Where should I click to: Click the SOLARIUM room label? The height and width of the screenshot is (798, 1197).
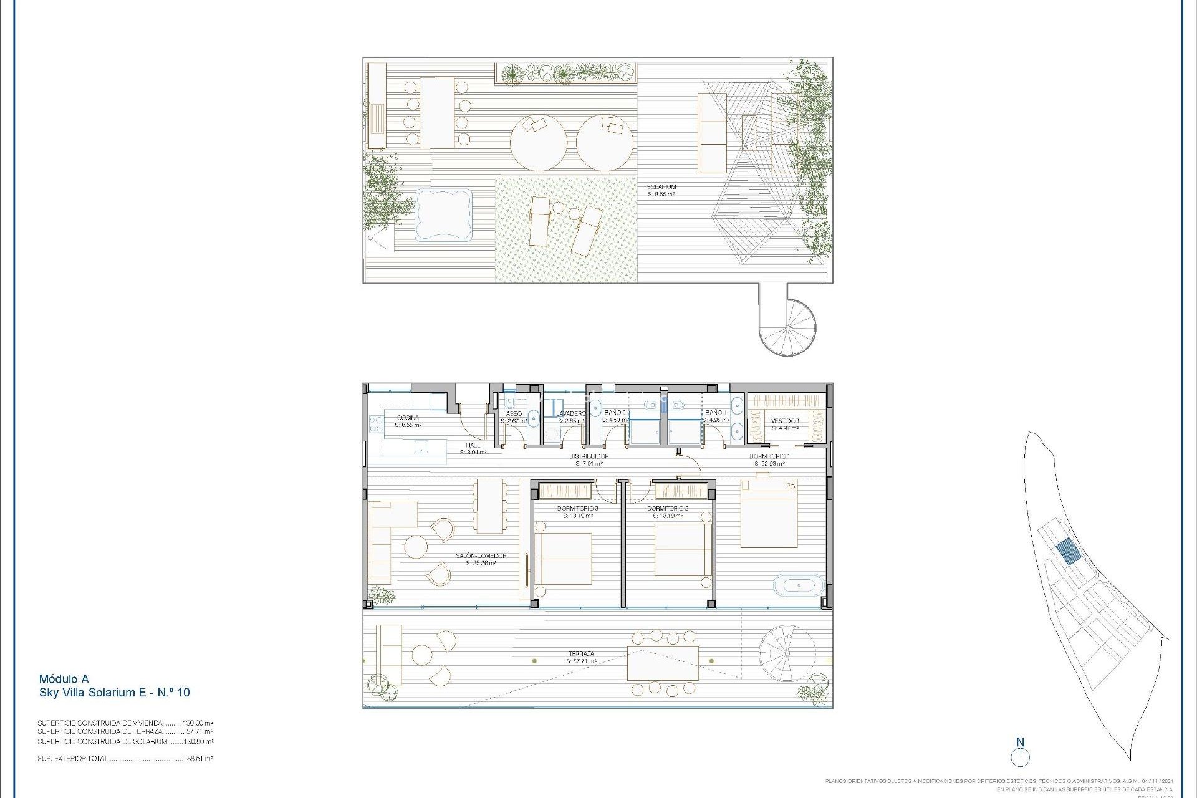[x=661, y=187]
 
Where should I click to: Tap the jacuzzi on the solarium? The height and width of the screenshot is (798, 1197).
[x=443, y=214]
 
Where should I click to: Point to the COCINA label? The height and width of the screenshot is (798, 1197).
[x=408, y=418]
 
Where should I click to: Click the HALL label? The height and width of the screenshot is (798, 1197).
[x=473, y=445]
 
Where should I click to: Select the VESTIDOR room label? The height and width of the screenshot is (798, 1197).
[x=785, y=421]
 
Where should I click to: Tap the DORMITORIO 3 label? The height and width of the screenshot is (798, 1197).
[x=577, y=509]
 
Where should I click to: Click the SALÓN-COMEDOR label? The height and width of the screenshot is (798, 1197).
[x=481, y=555]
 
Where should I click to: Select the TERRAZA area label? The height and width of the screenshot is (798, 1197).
[x=581, y=654]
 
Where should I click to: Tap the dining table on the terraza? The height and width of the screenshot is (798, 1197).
[x=663, y=663]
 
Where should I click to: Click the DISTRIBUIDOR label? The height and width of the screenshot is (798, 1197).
[x=589, y=456]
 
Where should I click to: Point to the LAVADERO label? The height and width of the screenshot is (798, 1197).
[x=570, y=413]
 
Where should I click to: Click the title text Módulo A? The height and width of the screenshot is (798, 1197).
[x=64, y=679]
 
